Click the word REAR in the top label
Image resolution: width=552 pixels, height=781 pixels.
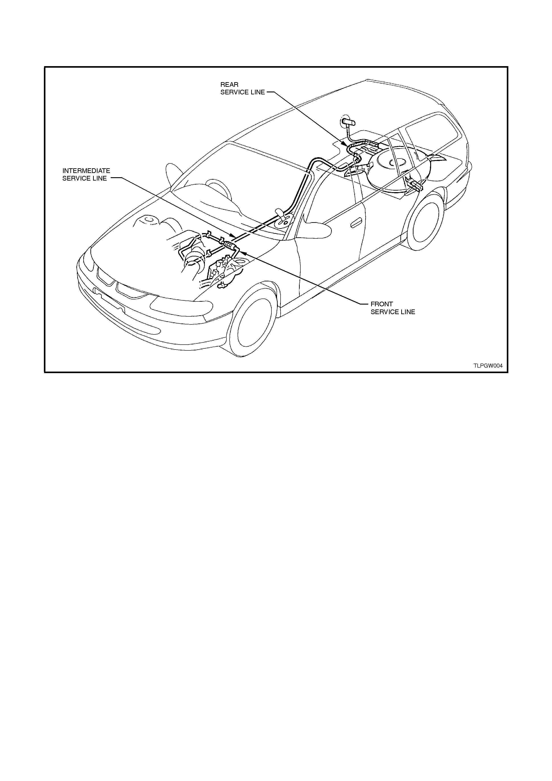pyautogui.click(x=229, y=84)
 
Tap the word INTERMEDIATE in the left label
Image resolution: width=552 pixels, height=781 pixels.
pyautogui.click(x=86, y=171)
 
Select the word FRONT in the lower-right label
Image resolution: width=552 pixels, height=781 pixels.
pyautogui.click(x=382, y=304)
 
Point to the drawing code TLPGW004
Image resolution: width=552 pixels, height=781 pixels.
pyautogui.click(x=488, y=366)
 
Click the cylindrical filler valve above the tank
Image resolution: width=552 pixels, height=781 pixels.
pyautogui.click(x=348, y=121)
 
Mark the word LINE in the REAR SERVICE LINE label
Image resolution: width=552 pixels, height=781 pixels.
pyautogui.click(x=257, y=92)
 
